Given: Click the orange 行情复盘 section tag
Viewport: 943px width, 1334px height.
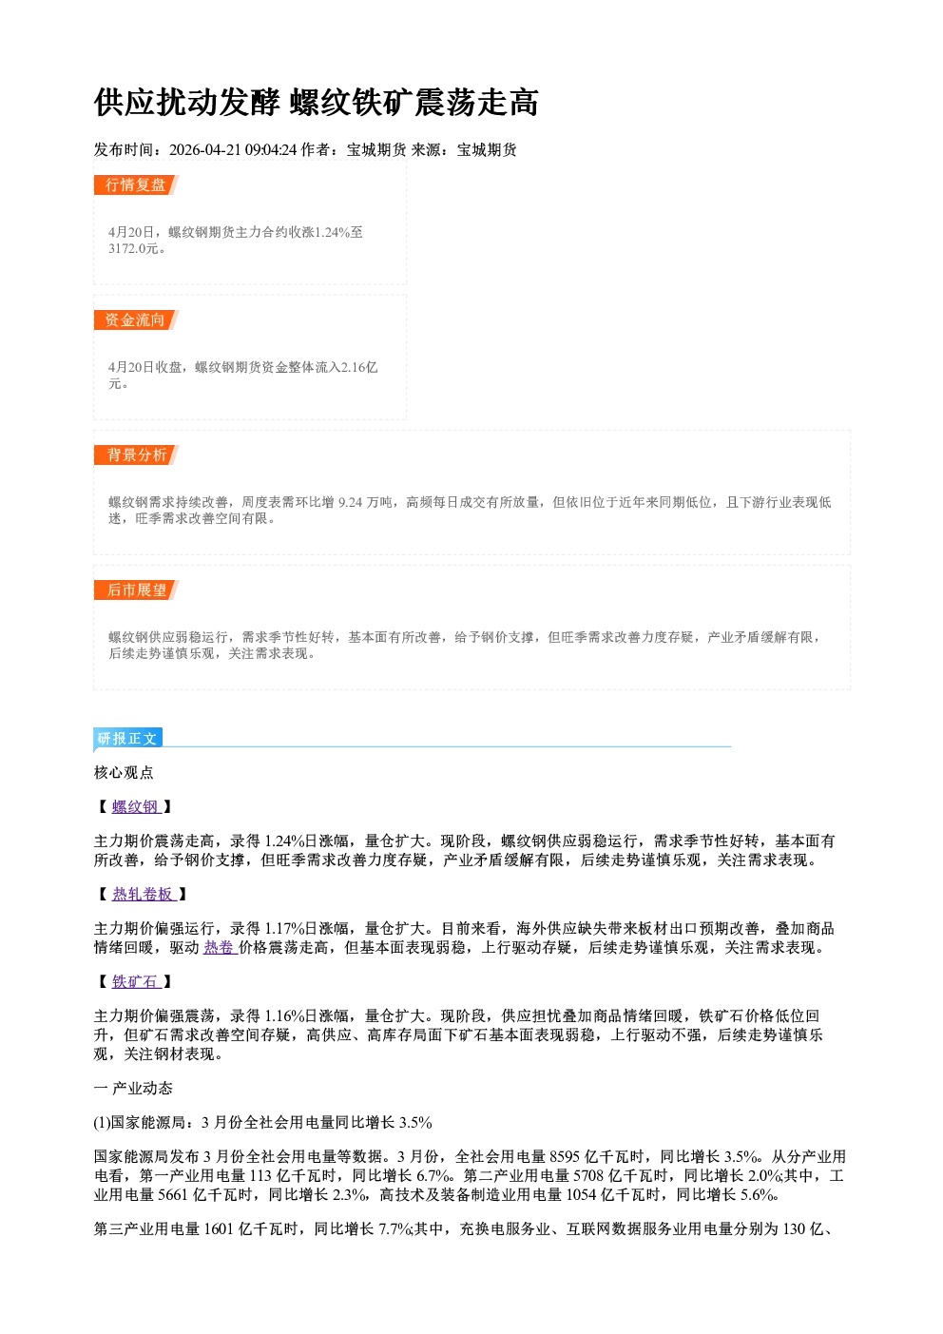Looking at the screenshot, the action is pos(136,184).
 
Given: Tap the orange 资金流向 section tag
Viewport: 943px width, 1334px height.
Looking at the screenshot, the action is pos(136,319).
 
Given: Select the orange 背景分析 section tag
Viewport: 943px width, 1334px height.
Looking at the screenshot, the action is pos(136,455).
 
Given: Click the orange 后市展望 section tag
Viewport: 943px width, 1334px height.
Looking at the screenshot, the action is pos(136,590).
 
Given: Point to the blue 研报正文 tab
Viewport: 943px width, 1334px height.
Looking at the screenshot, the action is pos(128,739).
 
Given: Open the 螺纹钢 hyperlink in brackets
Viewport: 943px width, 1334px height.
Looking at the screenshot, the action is pos(136,807).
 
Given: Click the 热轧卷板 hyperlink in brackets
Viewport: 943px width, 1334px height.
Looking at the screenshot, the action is pos(144,894).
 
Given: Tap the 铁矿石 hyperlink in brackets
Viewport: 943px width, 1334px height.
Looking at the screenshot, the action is pos(136,981).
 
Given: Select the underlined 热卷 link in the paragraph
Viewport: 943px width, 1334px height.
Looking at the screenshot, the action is pos(221,948).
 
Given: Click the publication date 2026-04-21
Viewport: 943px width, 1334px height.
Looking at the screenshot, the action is pos(205,150).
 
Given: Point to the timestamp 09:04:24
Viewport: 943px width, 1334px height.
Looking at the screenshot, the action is pos(271,150).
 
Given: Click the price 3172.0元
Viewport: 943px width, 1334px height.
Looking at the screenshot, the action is pos(133,248).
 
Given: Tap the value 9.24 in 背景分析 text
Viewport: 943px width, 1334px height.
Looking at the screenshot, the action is pos(350,503).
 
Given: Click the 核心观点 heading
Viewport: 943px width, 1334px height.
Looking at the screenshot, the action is pos(124,772).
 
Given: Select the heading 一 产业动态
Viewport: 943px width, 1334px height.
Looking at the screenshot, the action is pos(133,1089).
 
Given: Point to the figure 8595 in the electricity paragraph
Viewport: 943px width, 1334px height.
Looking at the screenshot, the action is pos(565,1156).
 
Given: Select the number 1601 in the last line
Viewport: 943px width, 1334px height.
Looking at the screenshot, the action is pos(219,1228).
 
